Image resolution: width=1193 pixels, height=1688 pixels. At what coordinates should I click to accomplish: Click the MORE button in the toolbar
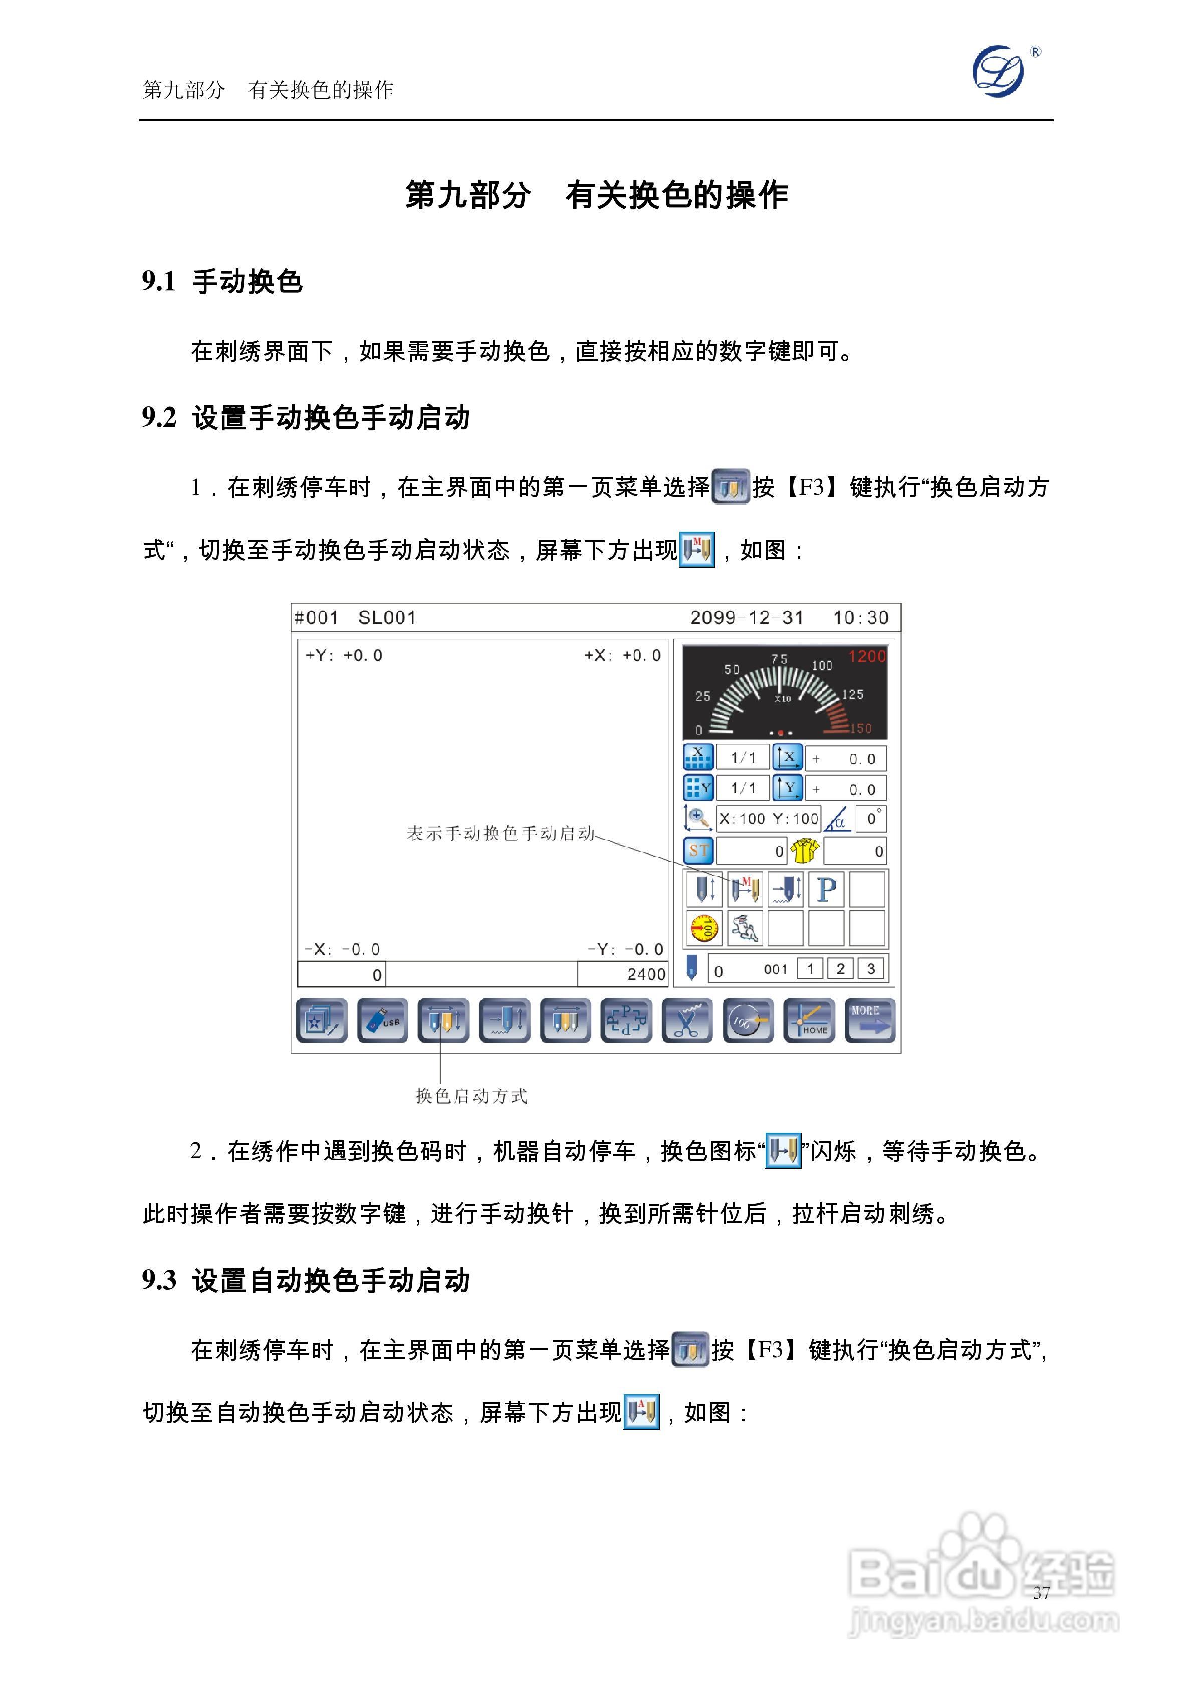point(870,1020)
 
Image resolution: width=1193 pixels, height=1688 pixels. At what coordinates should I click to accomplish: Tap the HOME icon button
point(809,1020)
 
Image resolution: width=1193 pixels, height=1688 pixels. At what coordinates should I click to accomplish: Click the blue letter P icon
point(826,889)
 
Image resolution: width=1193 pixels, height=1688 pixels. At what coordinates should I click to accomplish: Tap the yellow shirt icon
point(804,851)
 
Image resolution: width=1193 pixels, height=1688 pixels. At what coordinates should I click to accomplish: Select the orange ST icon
point(698,851)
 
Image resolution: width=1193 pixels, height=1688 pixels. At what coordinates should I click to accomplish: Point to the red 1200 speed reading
point(867,656)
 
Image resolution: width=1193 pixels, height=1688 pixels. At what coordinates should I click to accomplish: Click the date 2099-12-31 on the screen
point(746,617)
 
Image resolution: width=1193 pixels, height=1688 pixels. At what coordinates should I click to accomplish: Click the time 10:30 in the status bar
point(860,617)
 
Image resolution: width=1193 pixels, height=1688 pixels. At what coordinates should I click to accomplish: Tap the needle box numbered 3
point(870,968)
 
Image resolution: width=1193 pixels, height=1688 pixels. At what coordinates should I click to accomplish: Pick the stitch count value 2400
point(646,974)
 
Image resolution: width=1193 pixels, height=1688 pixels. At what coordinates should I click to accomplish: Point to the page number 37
point(1041,1592)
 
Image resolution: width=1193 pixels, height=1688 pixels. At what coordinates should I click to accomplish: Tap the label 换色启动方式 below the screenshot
point(471,1096)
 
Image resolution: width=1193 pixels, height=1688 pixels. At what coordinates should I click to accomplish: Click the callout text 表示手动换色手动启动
point(501,833)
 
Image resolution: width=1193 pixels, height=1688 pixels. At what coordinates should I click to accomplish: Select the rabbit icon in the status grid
point(744,928)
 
